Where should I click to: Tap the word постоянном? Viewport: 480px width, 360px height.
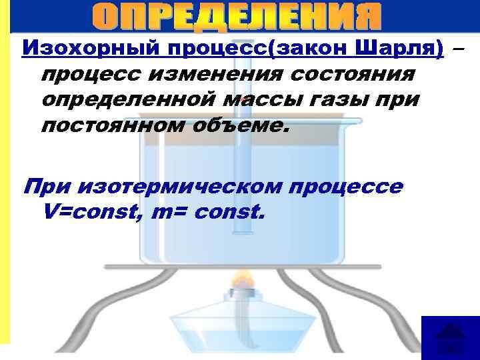pos(109,127)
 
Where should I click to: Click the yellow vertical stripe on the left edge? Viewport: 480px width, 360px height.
pos(5,180)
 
